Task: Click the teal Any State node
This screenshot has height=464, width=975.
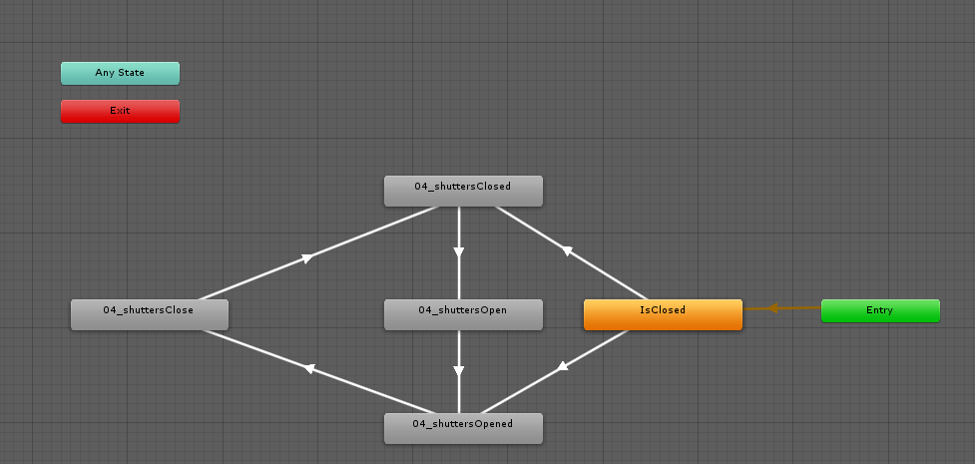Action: click(x=120, y=73)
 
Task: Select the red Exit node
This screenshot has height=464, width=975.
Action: click(x=120, y=111)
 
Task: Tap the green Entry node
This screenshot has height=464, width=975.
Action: click(x=880, y=310)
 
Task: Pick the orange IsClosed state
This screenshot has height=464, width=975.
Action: click(x=663, y=314)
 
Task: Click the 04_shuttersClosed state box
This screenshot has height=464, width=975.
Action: click(x=463, y=191)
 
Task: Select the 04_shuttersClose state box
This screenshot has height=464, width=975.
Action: click(x=150, y=314)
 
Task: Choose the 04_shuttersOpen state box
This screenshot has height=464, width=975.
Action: click(x=463, y=314)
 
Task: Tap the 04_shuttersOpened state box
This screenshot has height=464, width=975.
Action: click(x=463, y=428)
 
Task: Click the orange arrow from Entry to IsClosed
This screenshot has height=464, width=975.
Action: click(x=781, y=308)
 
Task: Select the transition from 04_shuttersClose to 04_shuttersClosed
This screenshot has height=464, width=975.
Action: click(x=319, y=253)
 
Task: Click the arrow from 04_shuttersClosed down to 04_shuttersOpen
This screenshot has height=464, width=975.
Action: click(x=459, y=252)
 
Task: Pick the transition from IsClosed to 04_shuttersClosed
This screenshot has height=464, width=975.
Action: click(x=572, y=252)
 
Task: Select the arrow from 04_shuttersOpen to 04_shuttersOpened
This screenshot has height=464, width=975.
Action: click(x=459, y=371)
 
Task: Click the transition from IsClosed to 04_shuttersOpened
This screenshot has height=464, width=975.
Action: click(x=555, y=371)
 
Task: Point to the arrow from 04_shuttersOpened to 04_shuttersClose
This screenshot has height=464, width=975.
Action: click(x=319, y=371)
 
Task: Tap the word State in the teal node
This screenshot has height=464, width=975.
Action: click(x=131, y=72)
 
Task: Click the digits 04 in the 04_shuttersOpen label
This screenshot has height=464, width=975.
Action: click(x=423, y=309)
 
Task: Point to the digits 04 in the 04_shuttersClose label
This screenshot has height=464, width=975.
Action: click(x=109, y=309)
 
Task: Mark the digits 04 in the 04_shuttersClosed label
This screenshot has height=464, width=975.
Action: click(x=420, y=186)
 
